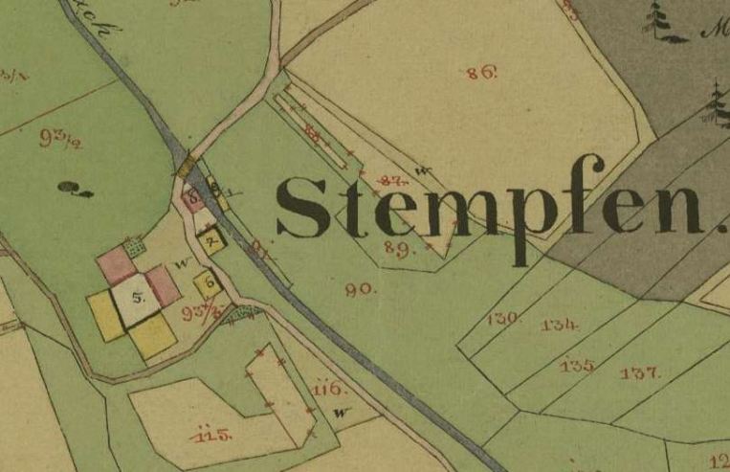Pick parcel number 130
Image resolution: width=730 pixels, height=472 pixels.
click(x=501, y=318)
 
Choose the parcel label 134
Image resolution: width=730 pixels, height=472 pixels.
click(x=560, y=326)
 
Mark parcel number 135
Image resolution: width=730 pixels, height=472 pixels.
click(x=577, y=365)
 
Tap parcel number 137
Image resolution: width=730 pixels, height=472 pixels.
click(x=639, y=372)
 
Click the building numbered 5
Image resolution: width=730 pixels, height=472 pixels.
click(x=138, y=299)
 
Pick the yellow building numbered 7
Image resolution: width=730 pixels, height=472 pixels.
click(x=212, y=239)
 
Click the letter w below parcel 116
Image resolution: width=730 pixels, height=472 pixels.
click(x=341, y=413)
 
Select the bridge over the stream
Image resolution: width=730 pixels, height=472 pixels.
click(x=187, y=168)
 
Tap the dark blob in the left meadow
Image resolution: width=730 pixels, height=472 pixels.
click(x=70, y=188)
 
